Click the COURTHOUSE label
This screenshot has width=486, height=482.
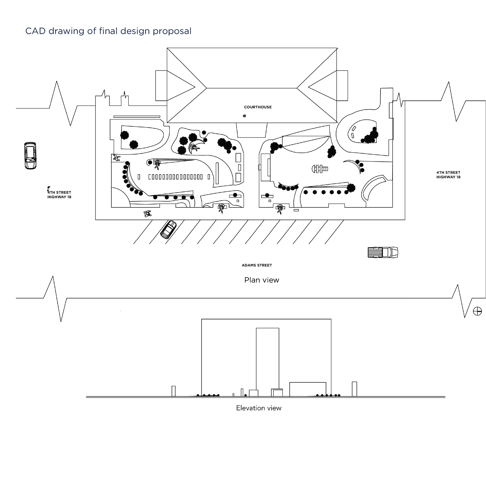pos(258,107)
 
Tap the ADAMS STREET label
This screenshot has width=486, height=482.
pos(257,265)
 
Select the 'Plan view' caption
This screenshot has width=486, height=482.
pos(262,280)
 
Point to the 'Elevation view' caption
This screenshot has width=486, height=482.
pos(259,408)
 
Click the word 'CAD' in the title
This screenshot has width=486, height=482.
pos(35,31)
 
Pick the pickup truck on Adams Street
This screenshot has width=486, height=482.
pos(383,252)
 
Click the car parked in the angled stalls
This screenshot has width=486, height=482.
pos(169,230)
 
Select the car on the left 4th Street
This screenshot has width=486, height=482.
pos(31,156)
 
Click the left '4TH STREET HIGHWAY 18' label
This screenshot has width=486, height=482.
pos(59,195)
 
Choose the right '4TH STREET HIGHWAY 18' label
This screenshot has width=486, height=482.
pos(448,175)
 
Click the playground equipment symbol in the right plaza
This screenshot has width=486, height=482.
pos(320,169)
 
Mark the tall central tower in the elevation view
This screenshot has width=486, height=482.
pos(267,362)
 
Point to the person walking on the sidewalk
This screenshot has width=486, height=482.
pos(147,214)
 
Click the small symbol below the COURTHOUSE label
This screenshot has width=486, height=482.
pos(244,116)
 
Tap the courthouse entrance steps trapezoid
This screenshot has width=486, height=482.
pos(252,130)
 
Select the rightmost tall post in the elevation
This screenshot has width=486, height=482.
pos(354,389)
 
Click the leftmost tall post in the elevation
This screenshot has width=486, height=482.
pos(173,391)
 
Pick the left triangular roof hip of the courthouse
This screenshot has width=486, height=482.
pos(181,86)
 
